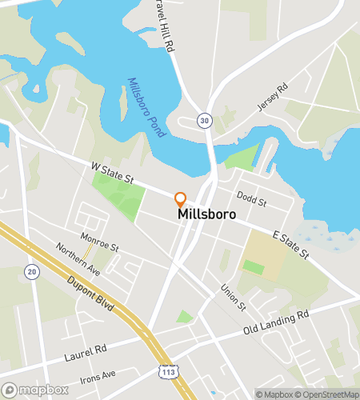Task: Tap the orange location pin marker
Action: tap(181, 199)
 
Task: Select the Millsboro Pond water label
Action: tap(146, 107)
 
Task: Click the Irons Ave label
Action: tap(98, 374)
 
